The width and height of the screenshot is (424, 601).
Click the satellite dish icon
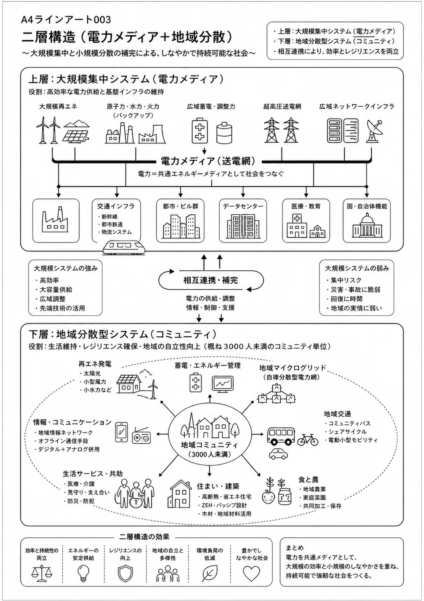[x=375, y=131]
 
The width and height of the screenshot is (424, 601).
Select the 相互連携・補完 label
[x=210, y=280]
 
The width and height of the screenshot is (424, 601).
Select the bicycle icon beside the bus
[x=308, y=440]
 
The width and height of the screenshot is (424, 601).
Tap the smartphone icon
[x=121, y=432]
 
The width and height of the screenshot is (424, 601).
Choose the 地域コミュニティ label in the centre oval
[x=209, y=446]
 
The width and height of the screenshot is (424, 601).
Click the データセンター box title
[x=243, y=206]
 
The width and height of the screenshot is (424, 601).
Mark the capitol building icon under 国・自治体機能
[x=366, y=226]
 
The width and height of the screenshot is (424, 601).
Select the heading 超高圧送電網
[x=282, y=106]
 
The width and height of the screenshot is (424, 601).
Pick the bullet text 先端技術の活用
[x=62, y=308]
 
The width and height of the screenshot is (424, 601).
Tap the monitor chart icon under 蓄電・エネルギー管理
[x=222, y=384]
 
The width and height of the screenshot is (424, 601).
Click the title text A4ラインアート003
[x=66, y=20]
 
